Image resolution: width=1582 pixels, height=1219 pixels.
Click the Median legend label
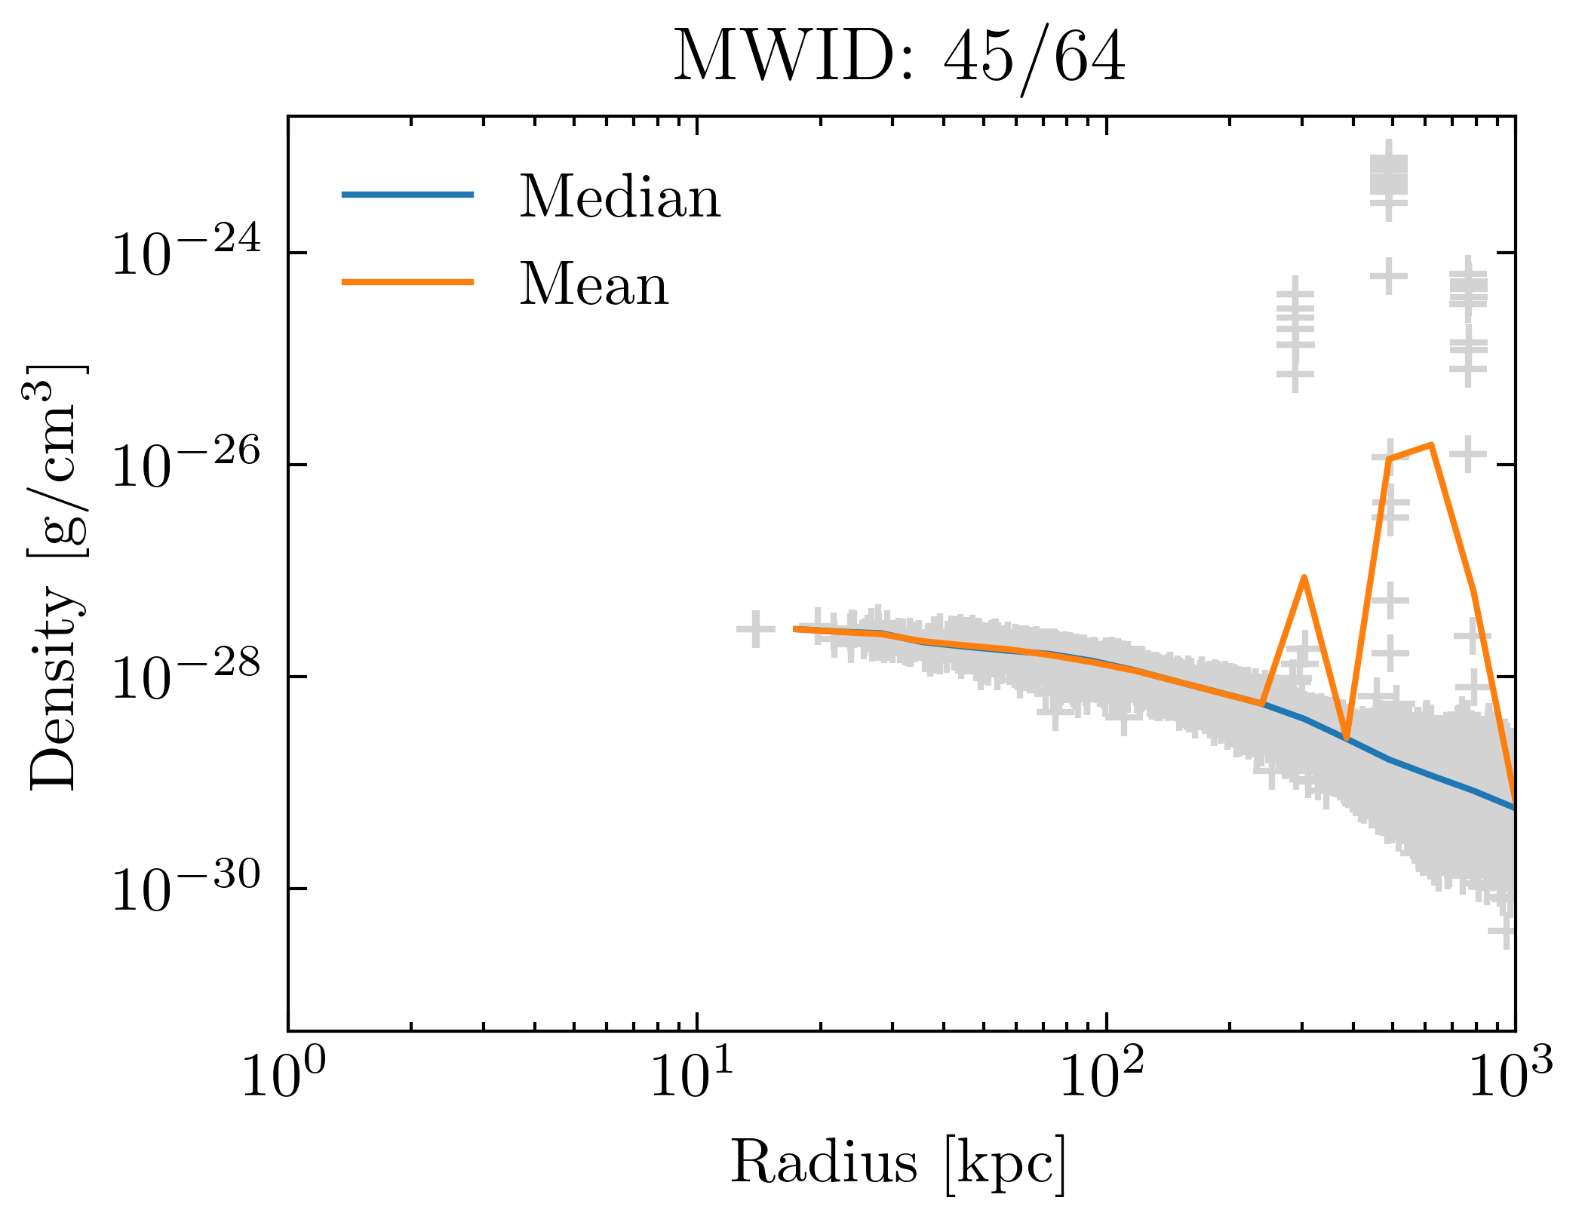[619, 197]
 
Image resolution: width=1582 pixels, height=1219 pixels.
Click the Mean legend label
[594, 284]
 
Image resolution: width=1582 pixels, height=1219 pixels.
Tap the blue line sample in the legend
[407, 195]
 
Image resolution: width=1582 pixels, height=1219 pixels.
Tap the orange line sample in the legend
[407, 282]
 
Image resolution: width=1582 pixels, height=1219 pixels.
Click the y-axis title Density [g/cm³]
[57, 577]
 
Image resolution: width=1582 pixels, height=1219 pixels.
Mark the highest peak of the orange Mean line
[1431, 445]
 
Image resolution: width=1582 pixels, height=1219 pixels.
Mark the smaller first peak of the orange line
[1304, 578]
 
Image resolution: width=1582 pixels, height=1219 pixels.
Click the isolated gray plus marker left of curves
[755, 628]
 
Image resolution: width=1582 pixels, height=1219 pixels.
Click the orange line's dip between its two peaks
[1346, 738]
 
